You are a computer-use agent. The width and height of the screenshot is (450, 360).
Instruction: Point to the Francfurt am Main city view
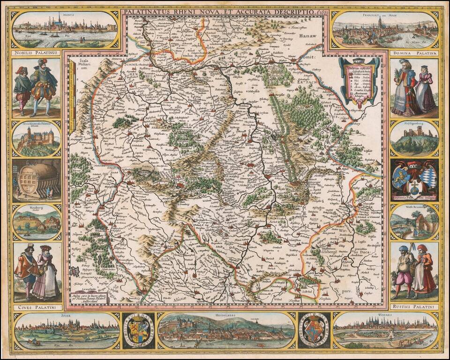[x=384, y=29]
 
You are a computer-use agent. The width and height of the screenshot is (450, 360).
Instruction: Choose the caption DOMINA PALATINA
[x=414, y=53]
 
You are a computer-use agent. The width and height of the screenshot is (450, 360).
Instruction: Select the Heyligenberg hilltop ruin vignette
[x=414, y=138]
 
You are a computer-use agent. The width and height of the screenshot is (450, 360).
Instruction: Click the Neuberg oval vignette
[x=37, y=222]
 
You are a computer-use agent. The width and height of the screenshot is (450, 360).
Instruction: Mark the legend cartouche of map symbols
[x=359, y=81]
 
